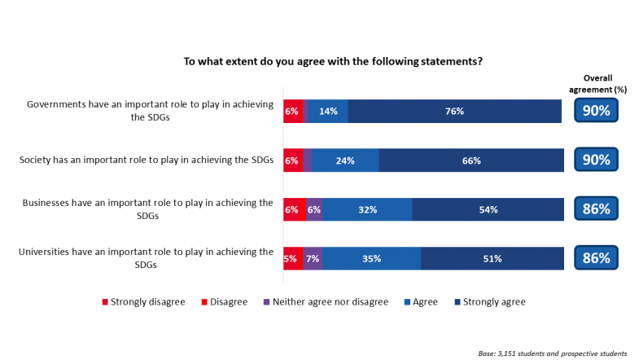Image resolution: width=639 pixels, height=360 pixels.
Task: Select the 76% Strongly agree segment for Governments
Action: pos(454,112)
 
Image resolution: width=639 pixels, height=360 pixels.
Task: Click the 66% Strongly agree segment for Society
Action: pos(470,160)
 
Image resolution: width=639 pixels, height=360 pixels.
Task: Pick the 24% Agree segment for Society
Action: pos(345,160)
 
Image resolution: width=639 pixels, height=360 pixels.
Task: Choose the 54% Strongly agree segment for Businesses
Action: pos(487,209)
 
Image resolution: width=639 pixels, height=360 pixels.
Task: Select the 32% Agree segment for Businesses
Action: pos(367,209)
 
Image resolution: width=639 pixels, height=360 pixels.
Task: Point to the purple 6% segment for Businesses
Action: pos(313,209)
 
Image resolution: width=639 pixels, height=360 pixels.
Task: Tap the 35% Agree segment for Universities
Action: pos(371,259)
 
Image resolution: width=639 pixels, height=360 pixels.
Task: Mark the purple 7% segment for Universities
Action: pos(313,259)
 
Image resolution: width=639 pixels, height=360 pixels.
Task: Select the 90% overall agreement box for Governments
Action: pos(597,112)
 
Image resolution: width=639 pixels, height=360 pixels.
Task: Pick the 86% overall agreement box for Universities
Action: pos(597,259)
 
